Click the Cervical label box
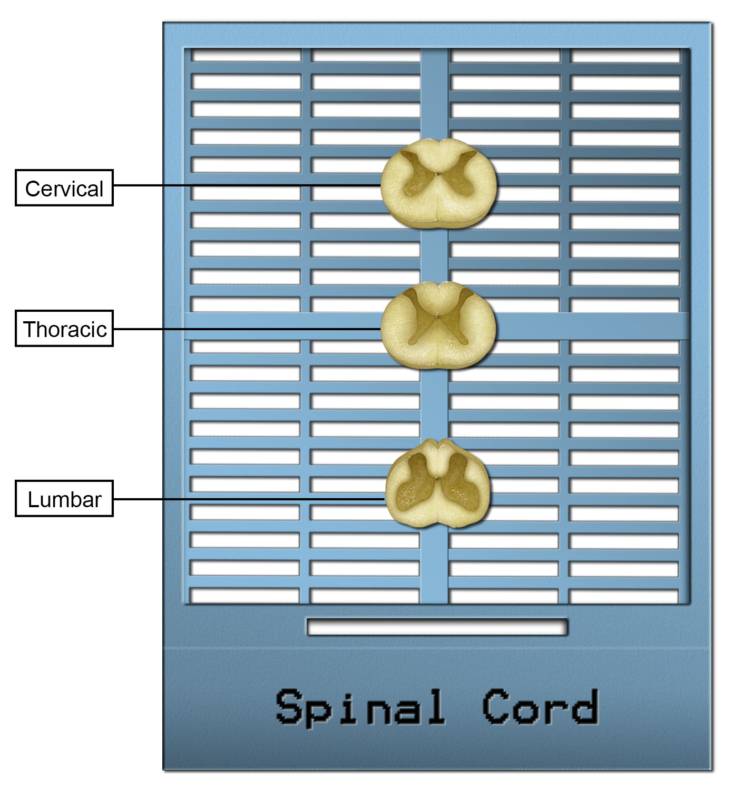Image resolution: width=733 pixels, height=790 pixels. (x=64, y=187)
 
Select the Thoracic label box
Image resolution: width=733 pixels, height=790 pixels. (x=64, y=329)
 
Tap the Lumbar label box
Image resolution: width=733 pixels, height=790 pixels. (x=64, y=499)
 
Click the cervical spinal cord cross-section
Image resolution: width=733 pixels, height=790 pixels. (x=438, y=183)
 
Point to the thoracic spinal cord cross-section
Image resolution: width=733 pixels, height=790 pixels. (x=438, y=325)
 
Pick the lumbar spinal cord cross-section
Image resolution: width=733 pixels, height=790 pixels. (x=437, y=483)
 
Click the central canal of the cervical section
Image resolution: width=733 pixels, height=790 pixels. (x=437, y=174)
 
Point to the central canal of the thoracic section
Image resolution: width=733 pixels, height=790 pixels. (x=437, y=315)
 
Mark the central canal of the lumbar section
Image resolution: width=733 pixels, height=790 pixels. (x=437, y=478)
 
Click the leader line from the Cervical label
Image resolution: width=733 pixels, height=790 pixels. (x=247, y=185)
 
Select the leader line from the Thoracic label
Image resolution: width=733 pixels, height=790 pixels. (x=247, y=329)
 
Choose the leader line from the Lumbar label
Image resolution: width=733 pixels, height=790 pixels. (x=249, y=499)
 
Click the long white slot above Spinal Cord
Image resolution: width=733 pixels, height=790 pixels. (x=437, y=627)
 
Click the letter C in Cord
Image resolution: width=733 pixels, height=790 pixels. (x=496, y=707)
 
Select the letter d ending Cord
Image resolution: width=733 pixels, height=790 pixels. (x=585, y=707)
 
